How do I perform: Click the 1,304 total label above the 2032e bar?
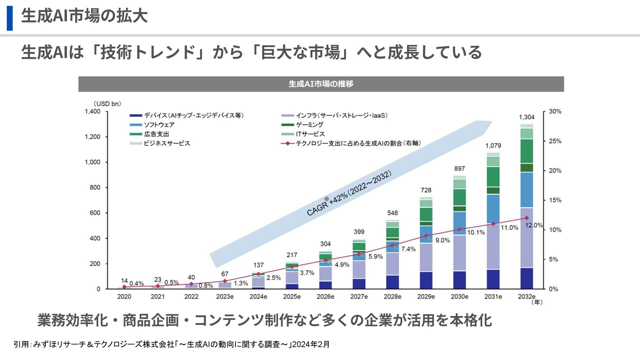527,117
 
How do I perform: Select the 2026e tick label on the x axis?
325,296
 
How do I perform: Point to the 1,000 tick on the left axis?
92,162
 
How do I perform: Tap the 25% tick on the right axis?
555,141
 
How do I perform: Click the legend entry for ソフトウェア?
159,125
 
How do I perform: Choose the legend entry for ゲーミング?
309,125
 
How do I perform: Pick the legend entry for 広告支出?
156,134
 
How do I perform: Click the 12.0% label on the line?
534,225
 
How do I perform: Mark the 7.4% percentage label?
408,249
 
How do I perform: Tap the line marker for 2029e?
426,236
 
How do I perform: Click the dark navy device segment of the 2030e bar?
460,280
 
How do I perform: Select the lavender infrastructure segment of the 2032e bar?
527,237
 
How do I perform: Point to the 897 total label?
460,169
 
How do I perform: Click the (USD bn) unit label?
107,104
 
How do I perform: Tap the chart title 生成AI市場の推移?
321,84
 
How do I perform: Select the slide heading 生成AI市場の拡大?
84,16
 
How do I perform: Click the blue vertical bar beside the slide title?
10,18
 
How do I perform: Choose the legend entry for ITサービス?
310,134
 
